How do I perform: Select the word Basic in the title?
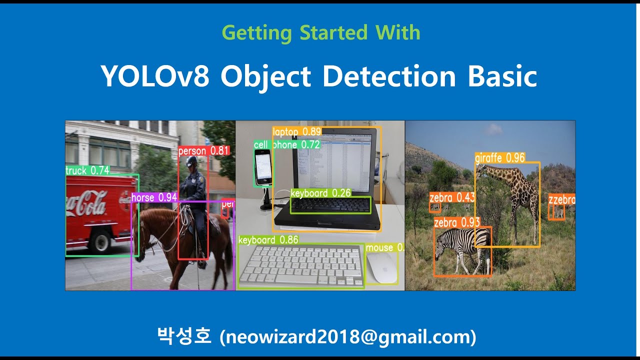click(502, 76)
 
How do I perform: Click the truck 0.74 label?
click(87, 170)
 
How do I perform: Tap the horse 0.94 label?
click(154, 197)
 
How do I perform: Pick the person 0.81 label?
click(203, 150)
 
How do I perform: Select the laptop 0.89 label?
click(296, 132)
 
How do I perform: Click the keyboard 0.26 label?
click(320, 193)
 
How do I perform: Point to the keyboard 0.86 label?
click(268, 240)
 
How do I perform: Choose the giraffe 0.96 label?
click(499, 158)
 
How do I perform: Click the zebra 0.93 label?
click(456, 222)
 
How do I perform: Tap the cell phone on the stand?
click(263, 166)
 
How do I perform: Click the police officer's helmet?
click(191, 161)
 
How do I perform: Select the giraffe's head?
click(482, 171)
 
